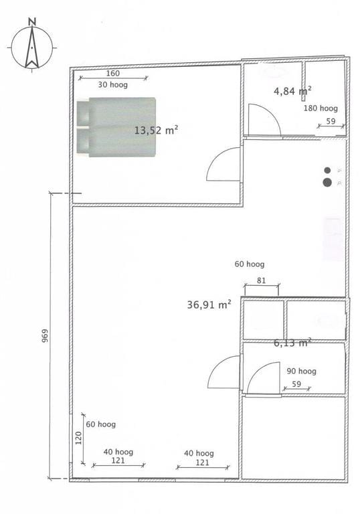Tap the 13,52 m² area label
pos(156,130)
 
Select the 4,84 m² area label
pos(292,90)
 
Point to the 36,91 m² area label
pos(209,304)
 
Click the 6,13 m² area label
pos(292,343)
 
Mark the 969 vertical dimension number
pos(45,336)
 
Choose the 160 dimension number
pos(113,74)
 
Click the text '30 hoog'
pos(113,85)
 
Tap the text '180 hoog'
pos(321,108)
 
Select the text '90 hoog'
pos(301,371)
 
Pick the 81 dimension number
pos(261,280)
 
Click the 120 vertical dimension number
pos(78,438)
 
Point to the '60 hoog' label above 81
pos(250,264)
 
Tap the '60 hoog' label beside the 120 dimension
pos(100,424)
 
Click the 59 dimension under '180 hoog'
pos(331,121)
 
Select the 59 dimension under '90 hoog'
pos(296,384)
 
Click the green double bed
pos(116,127)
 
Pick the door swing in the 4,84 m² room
pos(264,120)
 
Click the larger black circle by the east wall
pos(327,182)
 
